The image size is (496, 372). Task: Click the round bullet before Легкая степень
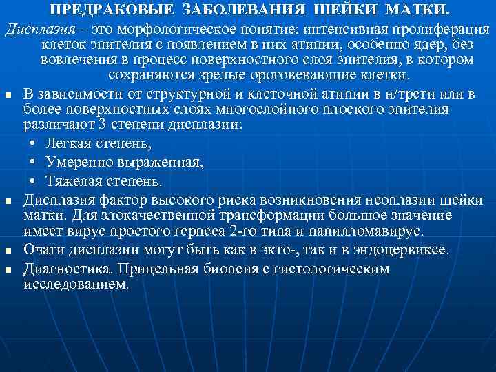34,144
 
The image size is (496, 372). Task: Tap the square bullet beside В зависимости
7,94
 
